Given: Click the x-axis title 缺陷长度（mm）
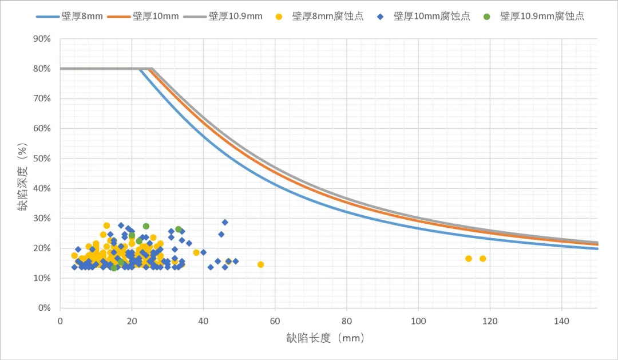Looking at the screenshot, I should point(325,338).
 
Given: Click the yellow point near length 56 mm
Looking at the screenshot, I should point(260,264).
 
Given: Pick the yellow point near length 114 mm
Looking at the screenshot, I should point(469,259).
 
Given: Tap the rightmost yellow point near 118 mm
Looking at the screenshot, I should point(483,259).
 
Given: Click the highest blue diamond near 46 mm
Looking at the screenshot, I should point(225,222).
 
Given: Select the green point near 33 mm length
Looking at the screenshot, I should point(179,229).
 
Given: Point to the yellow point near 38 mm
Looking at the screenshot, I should point(196,252).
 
